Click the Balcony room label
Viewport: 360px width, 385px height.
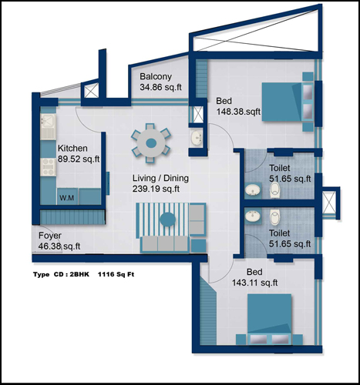(x=156, y=76)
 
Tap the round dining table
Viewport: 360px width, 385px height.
(x=151, y=143)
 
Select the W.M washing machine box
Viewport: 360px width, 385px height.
(x=67, y=196)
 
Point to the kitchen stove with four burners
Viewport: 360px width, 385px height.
(x=48, y=167)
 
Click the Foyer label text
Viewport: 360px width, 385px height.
(x=50, y=236)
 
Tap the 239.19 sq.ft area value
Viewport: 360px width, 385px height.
(x=156, y=189)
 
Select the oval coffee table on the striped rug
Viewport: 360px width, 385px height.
(x=167, y=219)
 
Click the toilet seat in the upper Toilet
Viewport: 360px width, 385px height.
(x=275, y=190)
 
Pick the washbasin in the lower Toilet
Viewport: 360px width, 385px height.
(x=253, y=215)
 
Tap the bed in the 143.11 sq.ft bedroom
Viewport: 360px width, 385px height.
(x=269, y=319)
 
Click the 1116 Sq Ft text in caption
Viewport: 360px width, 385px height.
(x=116, y=274)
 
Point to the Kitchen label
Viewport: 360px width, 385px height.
(x=72, y=149)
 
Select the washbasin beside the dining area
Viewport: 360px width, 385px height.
(x=197, y=137)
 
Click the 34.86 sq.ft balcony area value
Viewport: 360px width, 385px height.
(x=160, y=87)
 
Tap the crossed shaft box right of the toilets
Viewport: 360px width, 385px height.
(x=329, y=203)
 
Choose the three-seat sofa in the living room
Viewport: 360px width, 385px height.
(x=165, y=243)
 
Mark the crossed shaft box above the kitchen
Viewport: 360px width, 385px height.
(x=91, y=90)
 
